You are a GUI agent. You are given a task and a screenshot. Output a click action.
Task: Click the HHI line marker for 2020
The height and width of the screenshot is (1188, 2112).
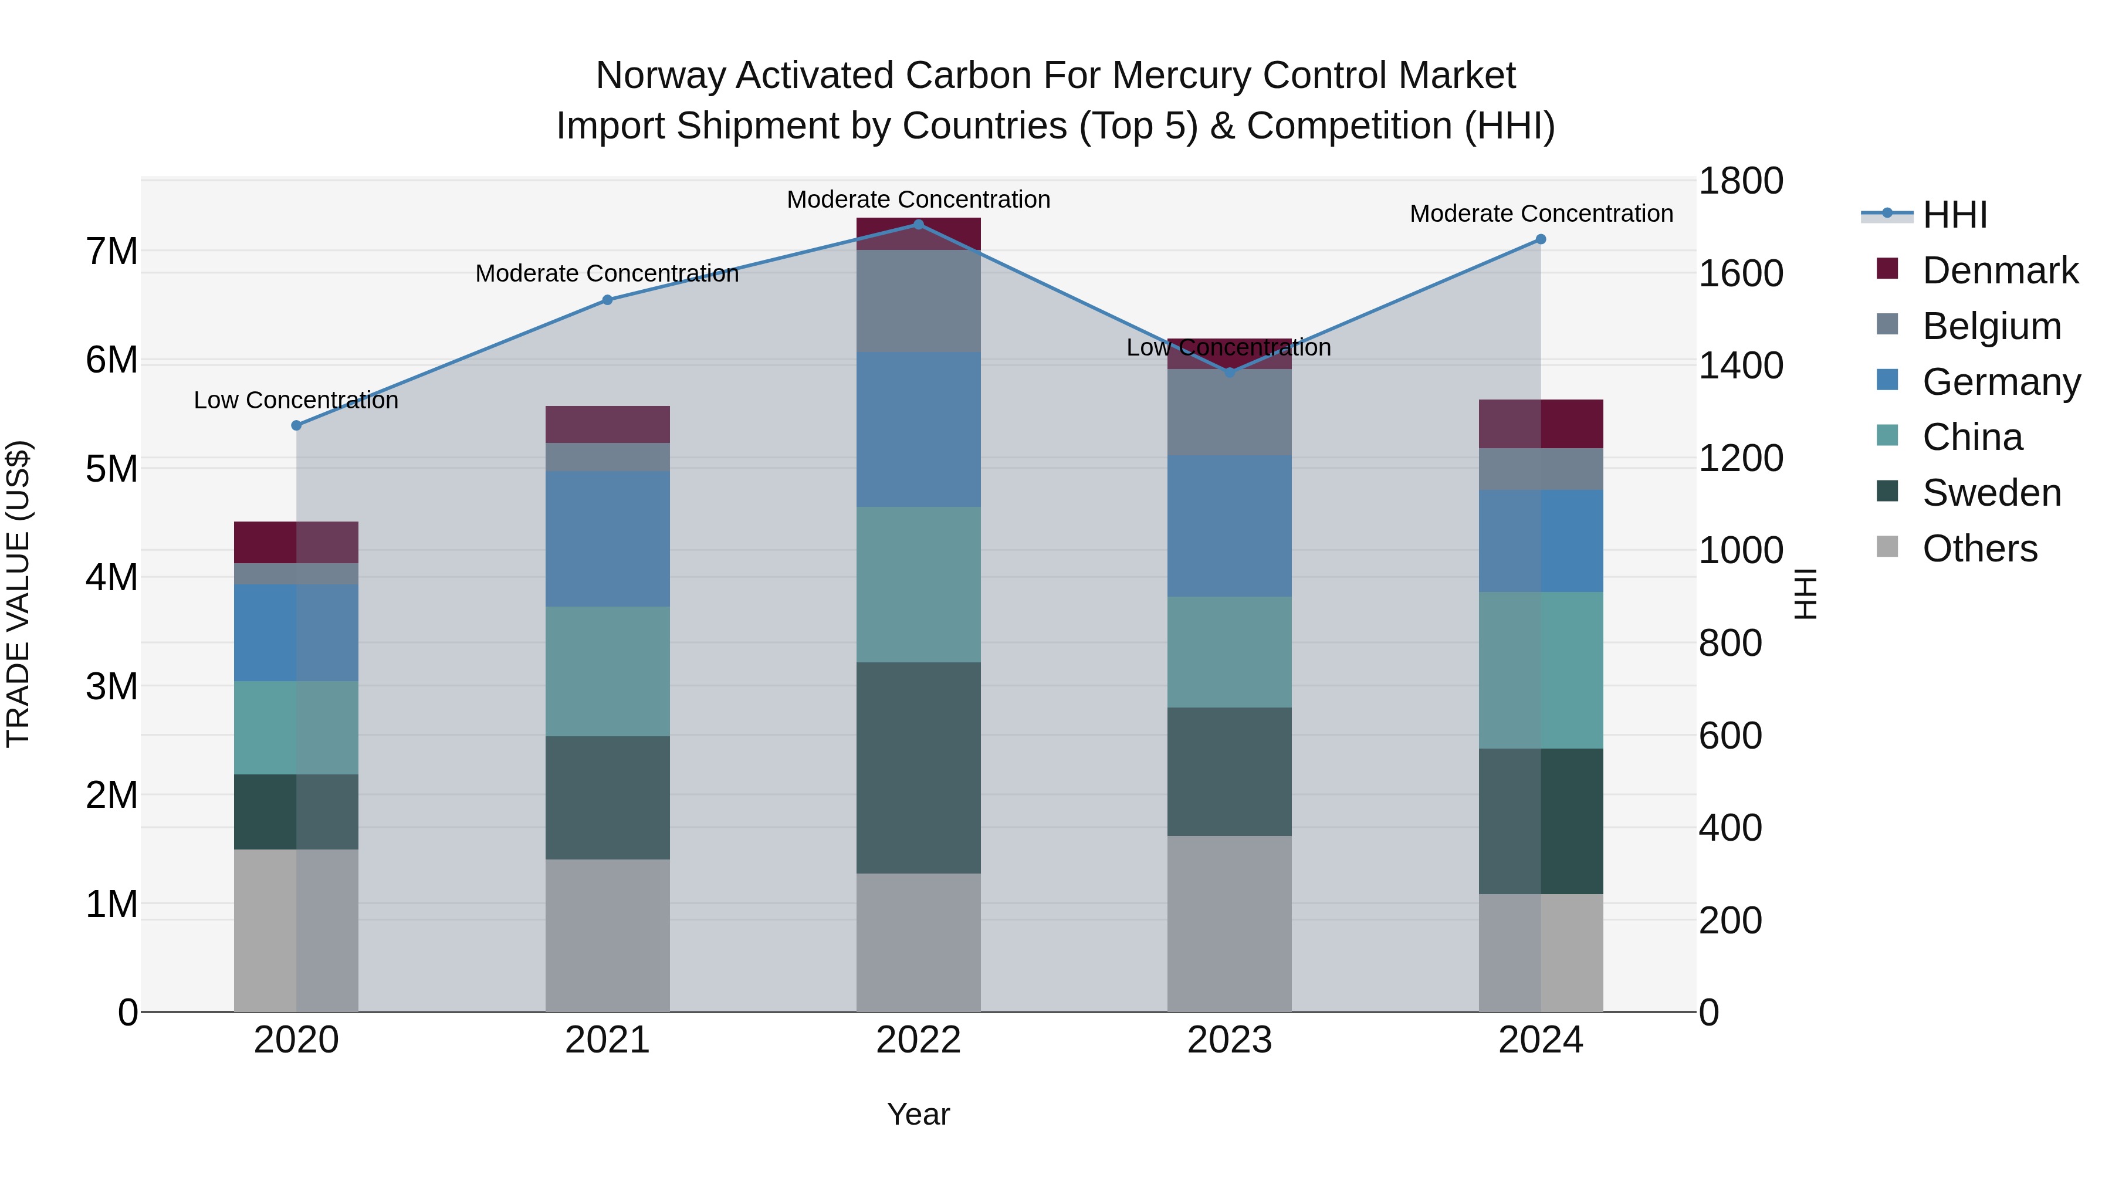coord(297,425)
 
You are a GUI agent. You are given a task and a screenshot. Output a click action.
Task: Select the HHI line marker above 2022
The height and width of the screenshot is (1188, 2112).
coord(918,225)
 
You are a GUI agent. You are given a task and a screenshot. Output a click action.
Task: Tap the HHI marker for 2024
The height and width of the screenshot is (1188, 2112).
coord(1541,239)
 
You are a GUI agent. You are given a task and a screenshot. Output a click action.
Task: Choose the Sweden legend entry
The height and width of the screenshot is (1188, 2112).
coord(1991,493)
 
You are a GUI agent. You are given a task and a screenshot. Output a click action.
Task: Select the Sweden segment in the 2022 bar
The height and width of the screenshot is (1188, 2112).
coord(918,767)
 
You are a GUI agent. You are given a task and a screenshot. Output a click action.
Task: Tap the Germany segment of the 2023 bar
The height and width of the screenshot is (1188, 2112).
coord(1229,526)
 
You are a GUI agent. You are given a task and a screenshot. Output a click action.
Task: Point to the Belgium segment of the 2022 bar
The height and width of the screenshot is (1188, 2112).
coord(918,301)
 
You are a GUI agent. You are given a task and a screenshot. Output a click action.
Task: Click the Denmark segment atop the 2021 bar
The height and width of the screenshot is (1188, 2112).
coord(608,424)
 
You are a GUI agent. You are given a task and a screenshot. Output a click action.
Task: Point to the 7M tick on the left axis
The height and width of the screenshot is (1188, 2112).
coord(112,251)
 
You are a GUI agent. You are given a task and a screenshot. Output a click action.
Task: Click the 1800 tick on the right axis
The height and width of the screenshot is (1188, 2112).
coord(1740,181)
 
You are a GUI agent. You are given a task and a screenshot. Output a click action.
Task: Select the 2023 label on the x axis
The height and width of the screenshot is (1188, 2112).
coord(1229,1040)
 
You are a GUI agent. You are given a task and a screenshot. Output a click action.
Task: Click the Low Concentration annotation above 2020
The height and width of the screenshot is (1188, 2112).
coord(296,400)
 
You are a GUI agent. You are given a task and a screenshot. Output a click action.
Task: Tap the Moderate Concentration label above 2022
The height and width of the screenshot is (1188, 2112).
coord(918,199)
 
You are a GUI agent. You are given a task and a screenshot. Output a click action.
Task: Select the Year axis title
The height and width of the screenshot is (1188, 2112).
coord(918,1114)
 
